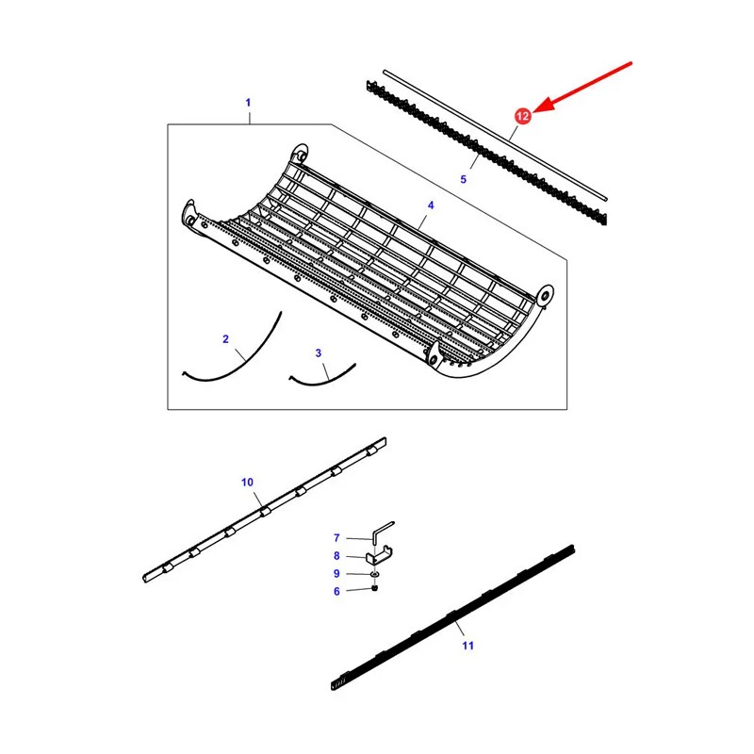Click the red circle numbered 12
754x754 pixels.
[523, 116]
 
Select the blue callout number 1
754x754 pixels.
[248, 103]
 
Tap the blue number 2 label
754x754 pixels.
[225, 339]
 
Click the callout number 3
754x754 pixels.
[319, 352]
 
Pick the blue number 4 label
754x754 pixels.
[431, 205]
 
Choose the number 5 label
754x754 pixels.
[463, 179]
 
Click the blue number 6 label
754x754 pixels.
[336, 592]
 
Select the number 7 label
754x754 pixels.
[336, 537]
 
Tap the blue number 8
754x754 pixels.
[336, 556]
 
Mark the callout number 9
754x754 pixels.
[336, 574]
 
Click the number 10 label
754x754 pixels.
[247, 483]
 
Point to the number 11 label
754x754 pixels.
[467, 646]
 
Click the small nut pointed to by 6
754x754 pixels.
[374, 587]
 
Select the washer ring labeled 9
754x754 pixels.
[374, 574]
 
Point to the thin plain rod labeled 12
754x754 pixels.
[495, 135]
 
